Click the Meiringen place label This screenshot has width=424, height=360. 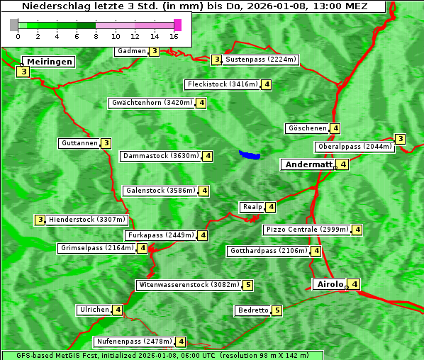point(50,62)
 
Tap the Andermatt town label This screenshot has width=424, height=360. point(308,164)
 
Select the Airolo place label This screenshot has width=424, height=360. point(330,284)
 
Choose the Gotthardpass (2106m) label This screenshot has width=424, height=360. point(269,251)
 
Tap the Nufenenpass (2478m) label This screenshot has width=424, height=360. point(134,342)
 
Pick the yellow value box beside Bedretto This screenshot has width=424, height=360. point(277,310)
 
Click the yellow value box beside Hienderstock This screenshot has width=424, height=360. point(40,220)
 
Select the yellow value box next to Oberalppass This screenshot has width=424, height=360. point(401,139)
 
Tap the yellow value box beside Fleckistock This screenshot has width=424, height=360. point(267,84)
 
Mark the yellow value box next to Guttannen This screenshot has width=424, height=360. point(106,143)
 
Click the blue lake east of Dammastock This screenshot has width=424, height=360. point(250,154)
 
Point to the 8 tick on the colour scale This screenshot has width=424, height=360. point(96,35)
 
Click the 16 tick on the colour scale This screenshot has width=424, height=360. point(174,35)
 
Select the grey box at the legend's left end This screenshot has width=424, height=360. point(14,25)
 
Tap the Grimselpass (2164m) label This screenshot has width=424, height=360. point(97,248)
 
